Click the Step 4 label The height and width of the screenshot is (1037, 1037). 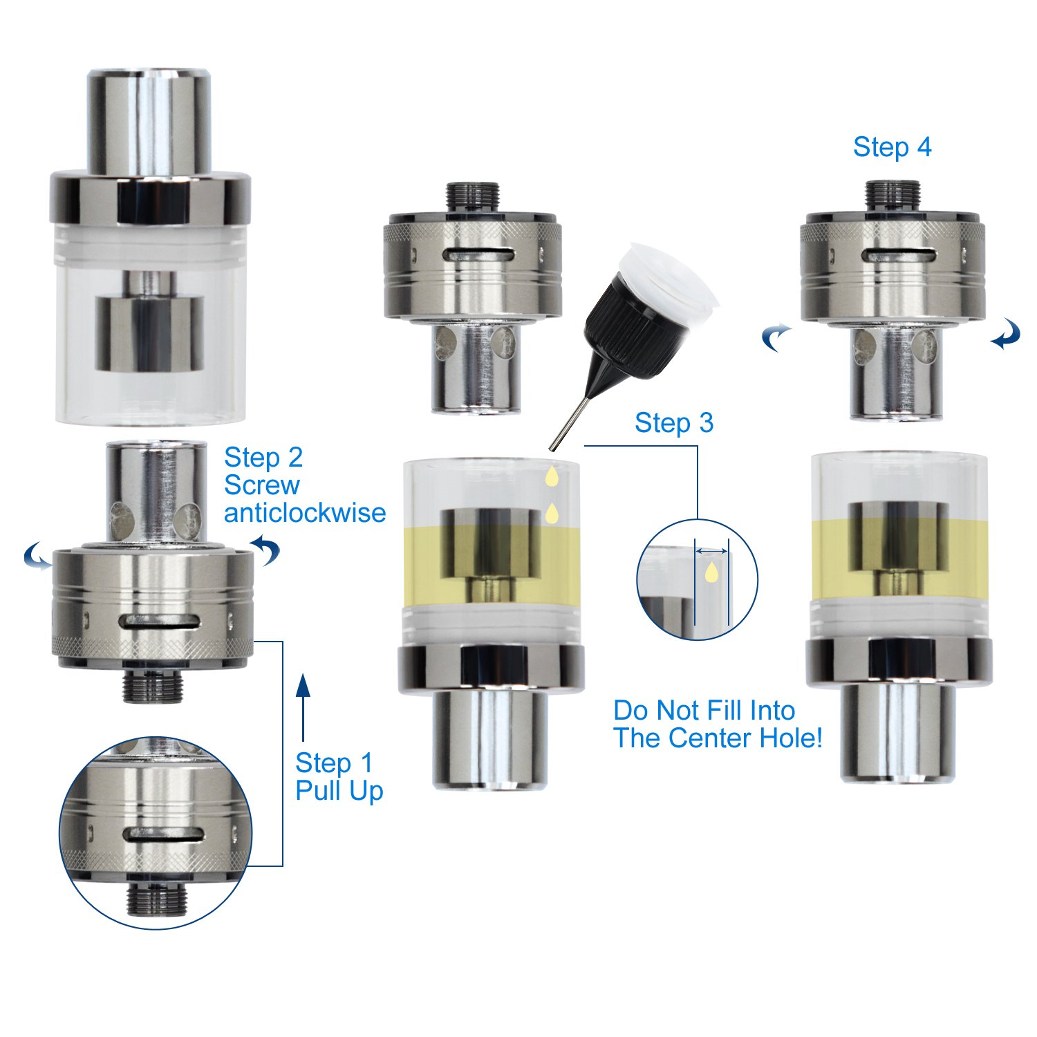[x=892, y=147]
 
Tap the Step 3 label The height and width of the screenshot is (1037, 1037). [x=674, y=423]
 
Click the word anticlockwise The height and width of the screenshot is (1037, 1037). [x=305, y=513]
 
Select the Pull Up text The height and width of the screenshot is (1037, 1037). [x=339, y=792]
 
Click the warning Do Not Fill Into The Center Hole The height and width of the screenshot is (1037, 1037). [x=718, y=724]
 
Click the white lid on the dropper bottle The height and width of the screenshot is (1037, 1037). [x=667, y=280]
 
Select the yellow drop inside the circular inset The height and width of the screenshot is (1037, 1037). [x=711, y=571]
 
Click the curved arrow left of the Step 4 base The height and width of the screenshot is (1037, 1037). [x=776, y=337]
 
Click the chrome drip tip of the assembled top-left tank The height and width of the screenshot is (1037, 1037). [x=149, y=121]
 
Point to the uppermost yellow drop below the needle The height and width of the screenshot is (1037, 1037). [x=552, y=476]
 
